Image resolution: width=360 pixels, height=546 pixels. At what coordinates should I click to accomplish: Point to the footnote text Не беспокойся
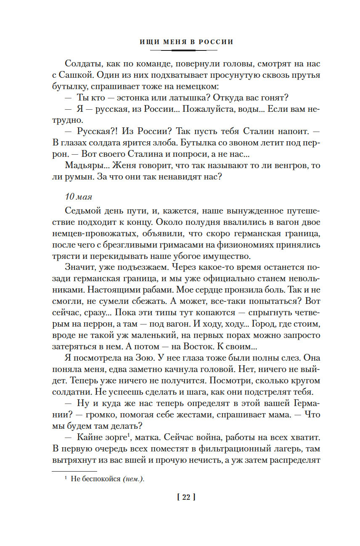96,480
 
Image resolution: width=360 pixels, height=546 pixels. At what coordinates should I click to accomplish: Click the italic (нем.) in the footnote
133,480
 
